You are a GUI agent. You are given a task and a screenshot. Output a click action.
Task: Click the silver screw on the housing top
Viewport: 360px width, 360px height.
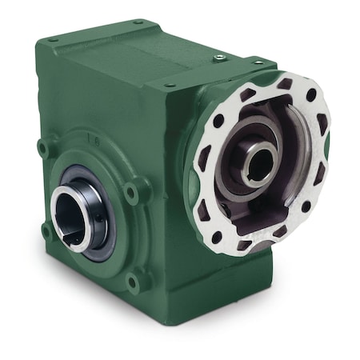[218, 57]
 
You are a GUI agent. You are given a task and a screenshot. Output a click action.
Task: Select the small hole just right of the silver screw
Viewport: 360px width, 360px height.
[257, 62]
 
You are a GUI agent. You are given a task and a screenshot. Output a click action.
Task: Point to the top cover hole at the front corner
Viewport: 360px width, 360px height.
[170, 85]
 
